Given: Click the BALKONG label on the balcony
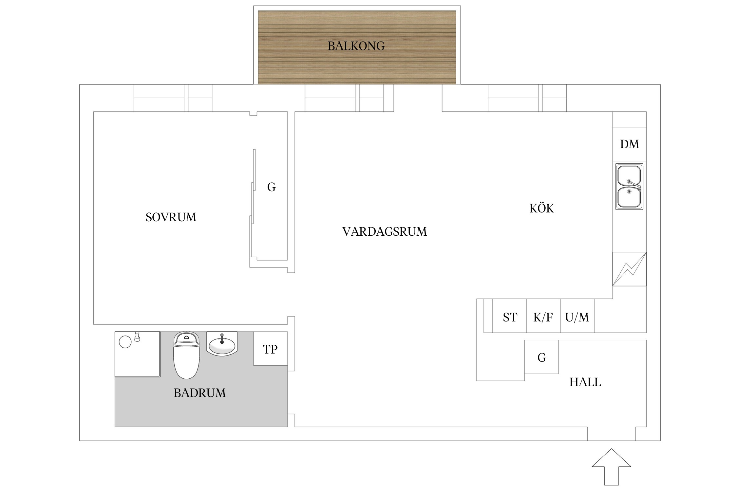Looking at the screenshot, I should tap(356, 46).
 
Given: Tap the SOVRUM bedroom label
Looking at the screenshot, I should tap(171, 217).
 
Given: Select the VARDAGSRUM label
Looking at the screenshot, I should tap(385, 232).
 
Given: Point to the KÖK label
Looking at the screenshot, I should tap(541, 209).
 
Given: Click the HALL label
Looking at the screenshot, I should tap(585, 382).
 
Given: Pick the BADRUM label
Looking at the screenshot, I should tap(199, 393).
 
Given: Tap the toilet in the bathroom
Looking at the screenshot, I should tap(186, 357).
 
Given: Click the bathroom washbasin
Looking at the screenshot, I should tap(222, 344).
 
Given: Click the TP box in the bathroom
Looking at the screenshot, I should tap(270, 349).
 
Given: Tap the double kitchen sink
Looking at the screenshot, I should tap(629, 187).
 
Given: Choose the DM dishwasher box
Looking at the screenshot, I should tap(629, 144).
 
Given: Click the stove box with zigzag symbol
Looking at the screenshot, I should tap(629, 269).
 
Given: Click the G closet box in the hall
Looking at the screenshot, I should tap(541, 357).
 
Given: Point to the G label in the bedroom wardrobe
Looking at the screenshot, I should tap(271, 187).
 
